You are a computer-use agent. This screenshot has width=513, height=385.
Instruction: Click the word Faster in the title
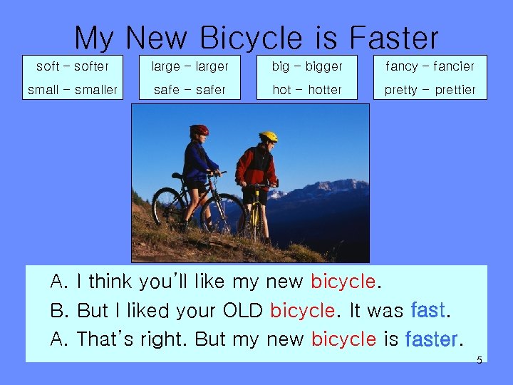pyautogui.click(x=394, y=38)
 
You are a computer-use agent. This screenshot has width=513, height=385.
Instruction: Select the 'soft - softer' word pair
pyautogui.click(x=73, y=66)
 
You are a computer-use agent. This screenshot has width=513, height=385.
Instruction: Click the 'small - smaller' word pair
pyautogui.click(x=73, y=90)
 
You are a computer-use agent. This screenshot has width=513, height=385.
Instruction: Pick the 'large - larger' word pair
pyautogui.click(x=190, y=66)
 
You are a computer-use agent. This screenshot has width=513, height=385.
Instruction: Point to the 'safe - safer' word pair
pyautogui.click(x=190, y=90)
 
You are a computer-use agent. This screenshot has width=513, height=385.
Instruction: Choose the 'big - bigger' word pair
pyautogui.click(x=307, y=66)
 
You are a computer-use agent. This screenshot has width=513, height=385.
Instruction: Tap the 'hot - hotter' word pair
pyautogui.click(x=307, y=90)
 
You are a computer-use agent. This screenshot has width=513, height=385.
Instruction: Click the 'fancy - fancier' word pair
pyautogui.click(x=430, y=66)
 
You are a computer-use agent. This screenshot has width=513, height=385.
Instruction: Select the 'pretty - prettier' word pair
pyautogui.click(x=430, y=90)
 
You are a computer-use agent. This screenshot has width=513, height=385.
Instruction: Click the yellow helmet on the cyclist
pyautogui.click(x=269, y=135)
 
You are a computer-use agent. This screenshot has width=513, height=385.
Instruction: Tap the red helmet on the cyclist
pyautogui.click(x=199, y=130)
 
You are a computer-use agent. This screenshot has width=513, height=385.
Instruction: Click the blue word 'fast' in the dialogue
pyautogui.click(x=428, y=310)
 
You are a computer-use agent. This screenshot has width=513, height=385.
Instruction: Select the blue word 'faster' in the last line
pyautogui.click(x=431, y=339)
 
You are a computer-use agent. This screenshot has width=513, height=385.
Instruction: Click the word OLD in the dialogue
pyautogui.click(x=243, y=311)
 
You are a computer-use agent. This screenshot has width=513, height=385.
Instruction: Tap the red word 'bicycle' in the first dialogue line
pyautogui.click(x=343, y=282)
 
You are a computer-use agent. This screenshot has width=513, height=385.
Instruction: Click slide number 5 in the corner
pyautogui.click(x=479, y=361)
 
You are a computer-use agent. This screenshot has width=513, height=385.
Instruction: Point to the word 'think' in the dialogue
pyautogui.click(x=110, y=282)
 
